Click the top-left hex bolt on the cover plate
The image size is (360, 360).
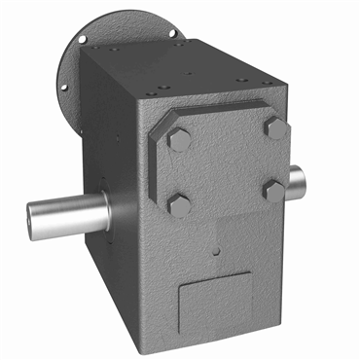pos(179,139)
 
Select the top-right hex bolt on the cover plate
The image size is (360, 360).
pos(275,128)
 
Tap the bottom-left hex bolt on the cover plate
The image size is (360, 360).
pos(180,205)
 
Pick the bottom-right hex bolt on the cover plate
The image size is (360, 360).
pos(274,189)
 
